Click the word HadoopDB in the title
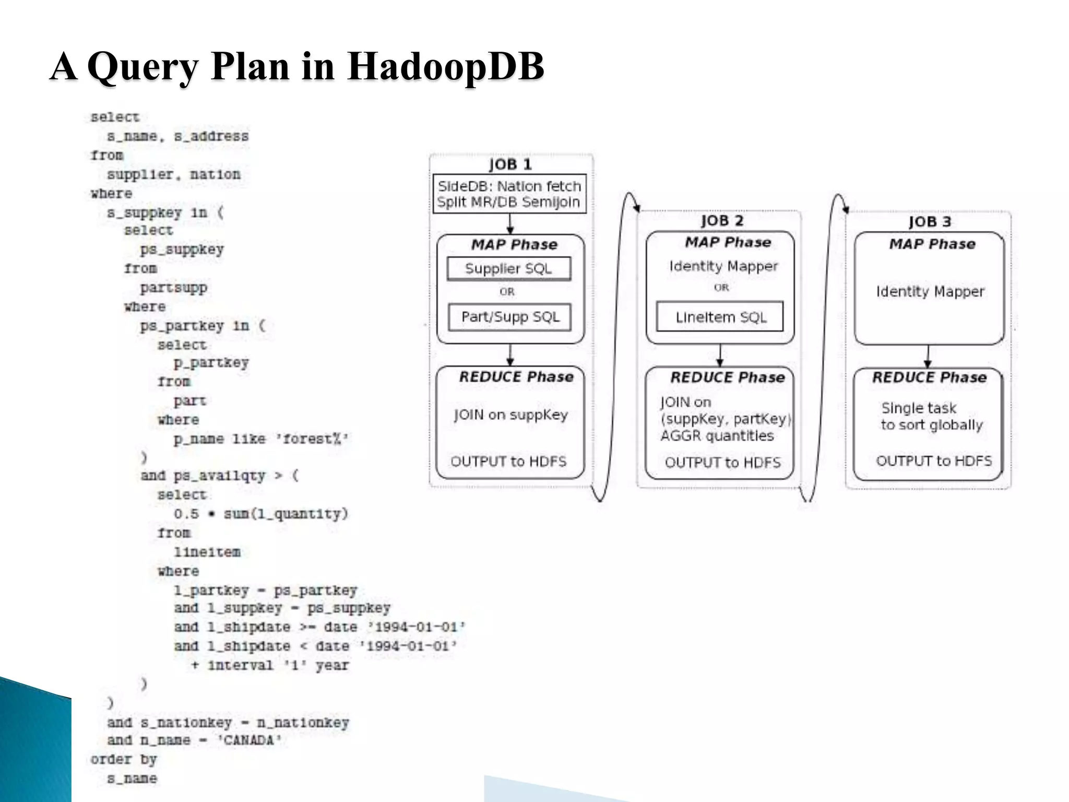point(445,66)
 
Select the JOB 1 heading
point(510,164)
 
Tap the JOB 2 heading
point(721,220)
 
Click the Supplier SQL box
point(508,268)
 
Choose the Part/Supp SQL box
point(509,317)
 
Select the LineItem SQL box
point(720,317)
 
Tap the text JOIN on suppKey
point(510,415)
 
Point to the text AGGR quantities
point(717,435)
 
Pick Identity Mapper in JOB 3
point(930,291)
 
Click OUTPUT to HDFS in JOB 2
point(722,462)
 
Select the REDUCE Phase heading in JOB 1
point(516,377)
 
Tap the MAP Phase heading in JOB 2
point(728,242)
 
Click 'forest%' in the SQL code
point(315,439)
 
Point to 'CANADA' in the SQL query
point(250,740)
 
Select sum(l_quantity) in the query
point(286,514)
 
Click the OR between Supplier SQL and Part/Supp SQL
point(506,292)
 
